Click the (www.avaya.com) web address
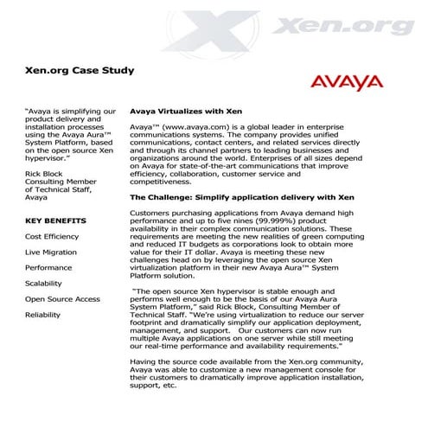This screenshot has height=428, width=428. (x=191, y=127)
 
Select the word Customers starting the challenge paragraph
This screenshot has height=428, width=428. (x=150, y=213)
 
